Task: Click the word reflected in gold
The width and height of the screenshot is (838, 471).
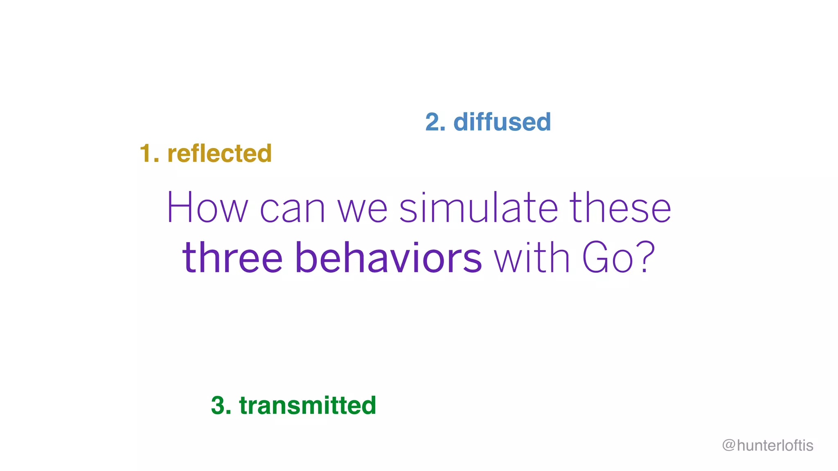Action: point(219,154)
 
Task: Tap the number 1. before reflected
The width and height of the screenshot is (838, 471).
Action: point(149,154)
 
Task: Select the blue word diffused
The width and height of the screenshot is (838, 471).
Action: point(502,122)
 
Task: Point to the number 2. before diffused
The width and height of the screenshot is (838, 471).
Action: point(435,122)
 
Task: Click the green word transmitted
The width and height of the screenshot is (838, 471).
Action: point(307,406)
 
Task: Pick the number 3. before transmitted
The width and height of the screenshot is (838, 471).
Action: point(221,406)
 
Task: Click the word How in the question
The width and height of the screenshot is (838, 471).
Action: point(207,208)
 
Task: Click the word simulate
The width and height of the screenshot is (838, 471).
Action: point(478,208)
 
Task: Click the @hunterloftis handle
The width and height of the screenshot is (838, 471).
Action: point(768,445)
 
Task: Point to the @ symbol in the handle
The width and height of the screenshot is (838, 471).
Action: point(728,445)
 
